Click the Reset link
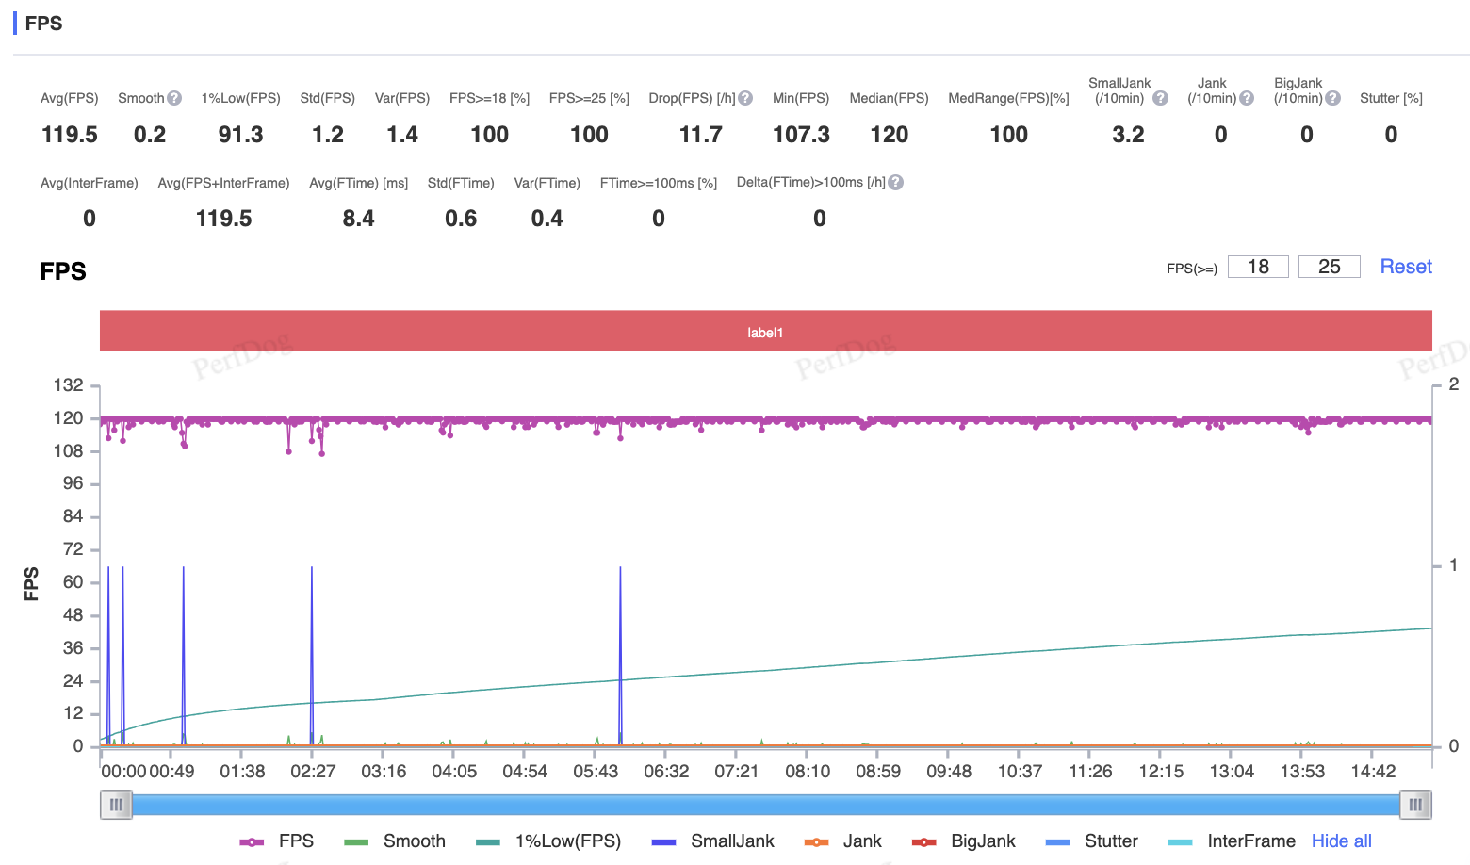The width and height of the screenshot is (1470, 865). (x=1406, y=267)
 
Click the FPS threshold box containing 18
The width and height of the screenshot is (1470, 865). (x=1258, y=267)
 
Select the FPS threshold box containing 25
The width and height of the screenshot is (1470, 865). (x=1329, y=267)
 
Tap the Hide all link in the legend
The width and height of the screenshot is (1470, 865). (x=1342, y=841)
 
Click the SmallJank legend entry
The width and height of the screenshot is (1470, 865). (x=712, y=841)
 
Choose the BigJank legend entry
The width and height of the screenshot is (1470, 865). (x=963, y=841)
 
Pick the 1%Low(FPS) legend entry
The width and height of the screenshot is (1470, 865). (x=548, y=841)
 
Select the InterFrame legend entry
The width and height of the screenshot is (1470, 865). (x=1232, y=841)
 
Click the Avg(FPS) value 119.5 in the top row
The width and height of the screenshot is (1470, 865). (x=69, y=135)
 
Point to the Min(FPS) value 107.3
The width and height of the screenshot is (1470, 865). (x=801, y=135)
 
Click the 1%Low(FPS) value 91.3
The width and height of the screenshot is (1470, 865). (x=240, y=135)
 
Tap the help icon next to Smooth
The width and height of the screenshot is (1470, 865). (x=174, y=98)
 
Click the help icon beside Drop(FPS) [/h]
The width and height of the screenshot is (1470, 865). (x=744, y=98)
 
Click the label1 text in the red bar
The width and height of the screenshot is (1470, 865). (x=765, y=333)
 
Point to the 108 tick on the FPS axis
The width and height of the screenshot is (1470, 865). (x=68, y=451)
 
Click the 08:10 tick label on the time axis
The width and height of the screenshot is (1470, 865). (x=808, y=771)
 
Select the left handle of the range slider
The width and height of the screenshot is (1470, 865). (x=116, y=805)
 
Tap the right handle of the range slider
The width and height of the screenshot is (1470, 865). (x=1415, y=805)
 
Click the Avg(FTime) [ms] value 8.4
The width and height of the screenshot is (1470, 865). (x=358, y=219)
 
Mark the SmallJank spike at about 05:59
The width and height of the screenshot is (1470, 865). (x=620, y=656)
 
